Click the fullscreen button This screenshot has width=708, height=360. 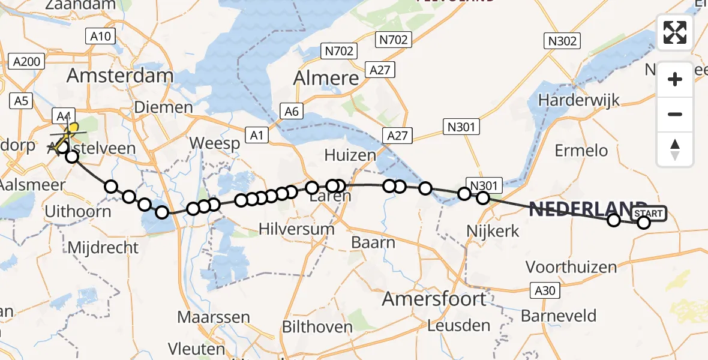click(x=675, y=32)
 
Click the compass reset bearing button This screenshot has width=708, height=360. click(x=675, y=149)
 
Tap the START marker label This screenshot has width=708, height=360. click(x=649, y=214)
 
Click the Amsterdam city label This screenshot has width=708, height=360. click(x=120, y=76)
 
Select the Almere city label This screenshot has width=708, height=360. click(x=326, y=78)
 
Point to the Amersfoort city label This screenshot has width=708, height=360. click(x=434, y=299)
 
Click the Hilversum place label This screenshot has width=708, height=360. click(x=296, y=229)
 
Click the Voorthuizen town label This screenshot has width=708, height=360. click(x=571, y=267)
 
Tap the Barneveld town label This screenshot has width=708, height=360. click(x=559, y=316)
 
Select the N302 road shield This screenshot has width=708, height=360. click(x=562, y=41)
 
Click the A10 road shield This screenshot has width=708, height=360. click(x=100, y=37)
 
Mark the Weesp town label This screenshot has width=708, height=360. click(x=215, y=144)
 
